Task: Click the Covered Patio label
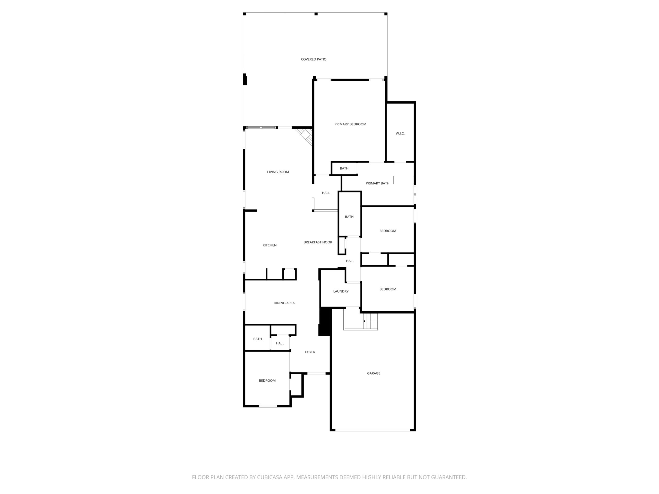314,59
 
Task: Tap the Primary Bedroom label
350,124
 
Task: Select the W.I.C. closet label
400,133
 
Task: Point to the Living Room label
278,172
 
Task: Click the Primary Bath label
377,183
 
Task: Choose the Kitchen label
270,245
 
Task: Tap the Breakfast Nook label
318,242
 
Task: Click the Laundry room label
341,291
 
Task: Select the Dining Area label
284,303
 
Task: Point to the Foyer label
310,352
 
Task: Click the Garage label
374,373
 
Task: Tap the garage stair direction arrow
364,321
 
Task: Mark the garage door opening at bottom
372,430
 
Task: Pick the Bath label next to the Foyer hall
257,339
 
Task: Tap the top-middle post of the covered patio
316,14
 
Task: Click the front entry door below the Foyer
316,373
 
